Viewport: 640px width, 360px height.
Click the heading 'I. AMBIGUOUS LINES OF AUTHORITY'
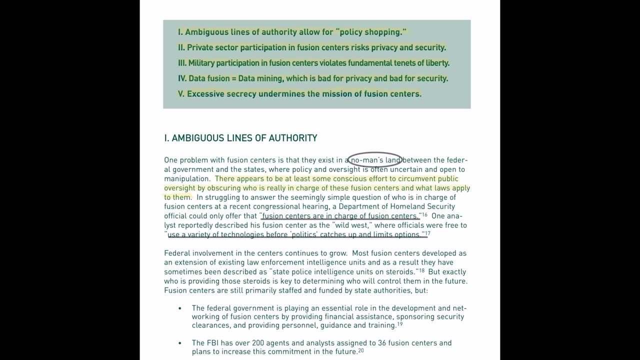pos(240,138)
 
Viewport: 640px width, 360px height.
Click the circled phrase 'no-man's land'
pos(375,160)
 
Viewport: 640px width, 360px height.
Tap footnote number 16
pos(424,214)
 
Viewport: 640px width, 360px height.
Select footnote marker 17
pos(428,233)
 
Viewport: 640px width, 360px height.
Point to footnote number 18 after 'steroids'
pos(422,270)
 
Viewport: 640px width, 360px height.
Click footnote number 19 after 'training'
pos(400,324)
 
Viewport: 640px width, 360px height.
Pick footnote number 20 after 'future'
pos(361,350)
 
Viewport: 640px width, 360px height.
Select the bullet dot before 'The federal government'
pos(180,308)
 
